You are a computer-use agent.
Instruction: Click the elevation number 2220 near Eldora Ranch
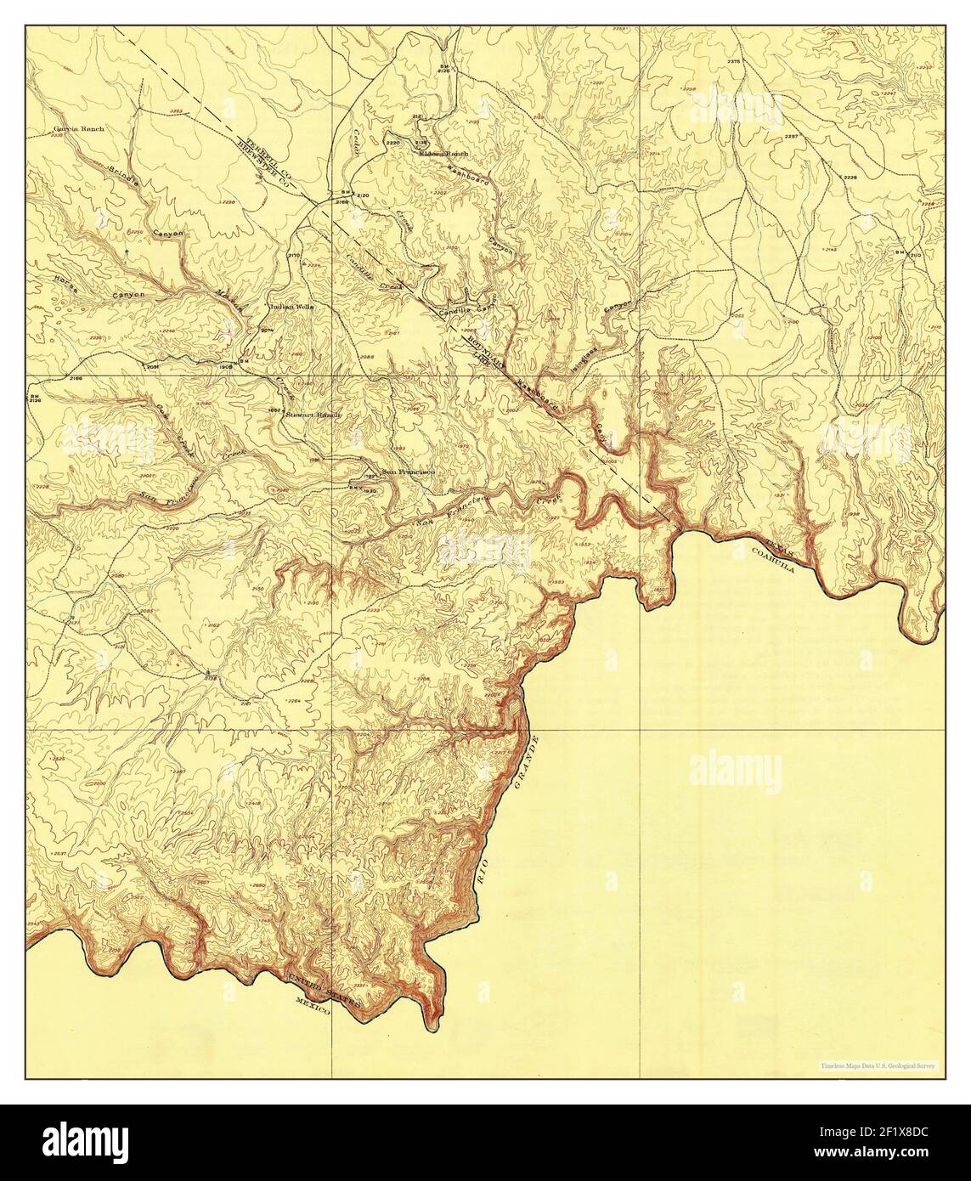click(392, 144)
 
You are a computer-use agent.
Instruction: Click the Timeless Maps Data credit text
click(875, 1065)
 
